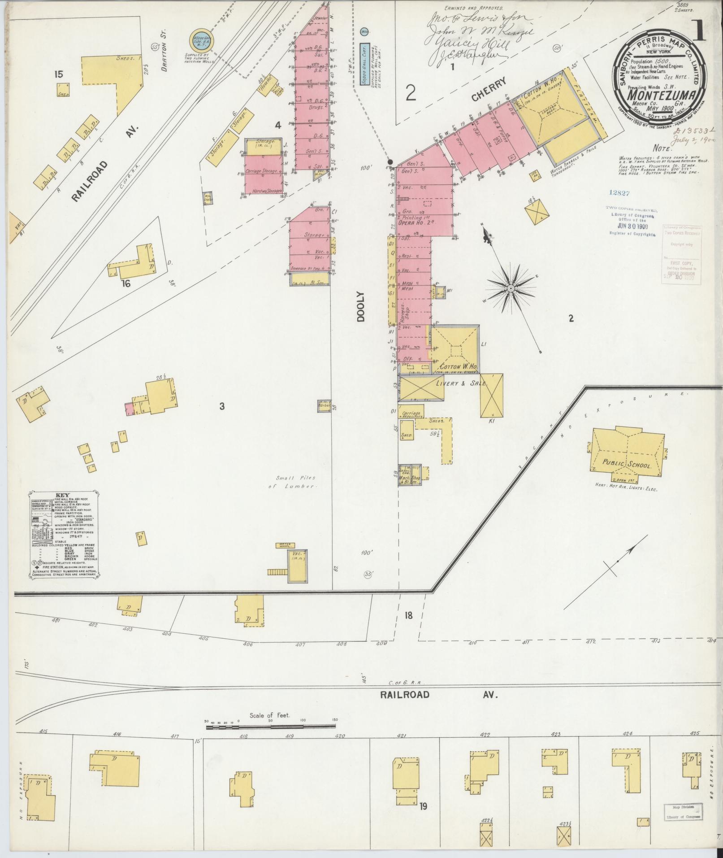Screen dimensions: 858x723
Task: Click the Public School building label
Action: click(x=627, y=465)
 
